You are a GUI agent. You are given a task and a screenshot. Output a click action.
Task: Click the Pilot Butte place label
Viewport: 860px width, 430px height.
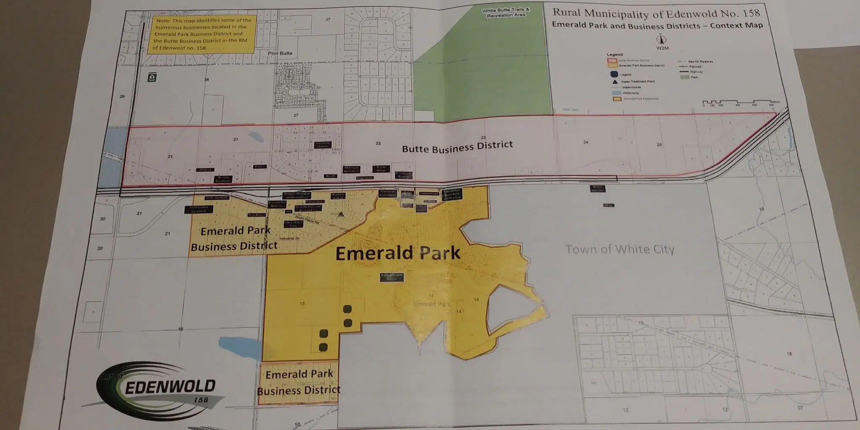click(x=280, y=53)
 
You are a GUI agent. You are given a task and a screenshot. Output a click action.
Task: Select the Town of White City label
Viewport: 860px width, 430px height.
click(x=619, y=249)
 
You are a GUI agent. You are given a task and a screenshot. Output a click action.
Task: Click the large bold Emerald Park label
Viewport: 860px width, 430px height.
click(x=398, y=253)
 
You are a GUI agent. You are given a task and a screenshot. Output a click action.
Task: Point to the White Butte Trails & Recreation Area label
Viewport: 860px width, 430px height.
click(x=506, y=13)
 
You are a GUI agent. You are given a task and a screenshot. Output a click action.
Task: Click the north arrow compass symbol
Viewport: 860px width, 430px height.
click(x=661, y=40)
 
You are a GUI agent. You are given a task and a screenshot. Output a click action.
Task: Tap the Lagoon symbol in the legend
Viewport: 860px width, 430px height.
click(x=614, y=74)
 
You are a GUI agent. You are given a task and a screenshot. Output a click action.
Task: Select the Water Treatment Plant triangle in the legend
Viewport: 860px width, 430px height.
click(x=615, y=81)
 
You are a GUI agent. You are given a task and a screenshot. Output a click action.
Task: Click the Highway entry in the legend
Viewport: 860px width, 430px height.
click(x=696, y=72)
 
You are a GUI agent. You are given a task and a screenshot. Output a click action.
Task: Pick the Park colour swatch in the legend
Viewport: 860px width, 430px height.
click(x=684, y=77)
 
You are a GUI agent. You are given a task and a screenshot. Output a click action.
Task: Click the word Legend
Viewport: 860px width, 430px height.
click(x=615, y=55)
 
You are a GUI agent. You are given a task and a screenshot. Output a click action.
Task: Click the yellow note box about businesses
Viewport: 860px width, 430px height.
click(x=202, y=34)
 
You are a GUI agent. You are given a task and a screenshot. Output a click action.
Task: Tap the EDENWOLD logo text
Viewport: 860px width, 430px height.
click(x=170, y=387)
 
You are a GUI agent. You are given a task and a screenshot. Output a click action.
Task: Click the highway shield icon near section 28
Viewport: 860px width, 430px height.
click(x=152, y=77)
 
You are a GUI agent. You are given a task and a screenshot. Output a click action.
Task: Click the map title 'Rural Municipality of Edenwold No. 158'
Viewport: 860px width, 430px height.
click(x=656, y=14)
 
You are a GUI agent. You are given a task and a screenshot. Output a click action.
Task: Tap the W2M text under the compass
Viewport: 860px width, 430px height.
click(x=662, y=48)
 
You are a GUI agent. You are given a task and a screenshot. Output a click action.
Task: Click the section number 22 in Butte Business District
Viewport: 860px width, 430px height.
click(x=378, y=143)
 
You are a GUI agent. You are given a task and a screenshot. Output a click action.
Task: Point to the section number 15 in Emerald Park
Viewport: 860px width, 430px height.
click(x=302, y=304)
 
